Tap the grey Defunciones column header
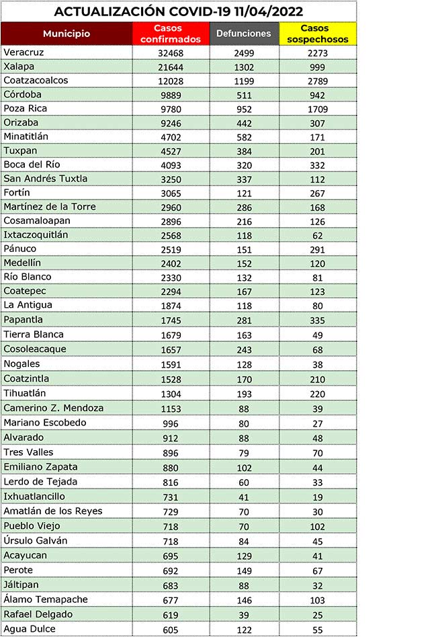coord(244,33)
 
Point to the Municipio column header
coord(67,34)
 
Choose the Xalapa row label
coord(18,67)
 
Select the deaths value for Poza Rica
coord(244,109)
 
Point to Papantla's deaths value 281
coord(244,320)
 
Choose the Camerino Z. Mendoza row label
coord(54,407)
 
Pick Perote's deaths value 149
coord(244,570)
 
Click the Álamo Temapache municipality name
coord(46,599)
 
